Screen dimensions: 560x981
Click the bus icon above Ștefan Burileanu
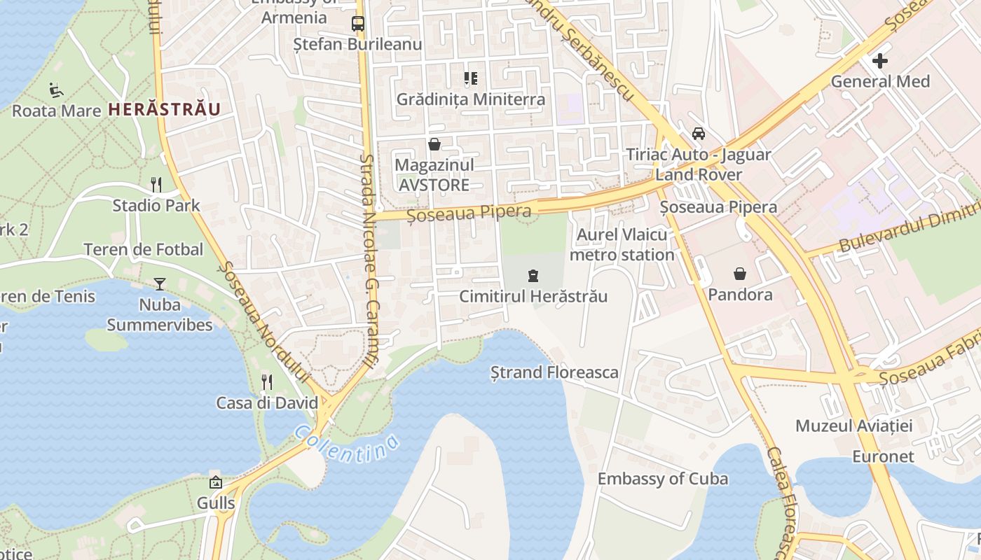(358, 23)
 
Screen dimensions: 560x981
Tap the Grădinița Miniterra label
(470, 99)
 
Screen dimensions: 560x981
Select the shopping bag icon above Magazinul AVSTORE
(434, 145)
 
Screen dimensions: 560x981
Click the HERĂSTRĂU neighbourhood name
(165, 109)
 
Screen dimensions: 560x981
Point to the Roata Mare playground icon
(56, 90)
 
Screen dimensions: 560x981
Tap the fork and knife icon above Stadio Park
(156, 185)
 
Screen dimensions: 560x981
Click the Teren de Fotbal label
(143, 249)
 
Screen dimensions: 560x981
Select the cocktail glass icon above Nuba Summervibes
(160, 283)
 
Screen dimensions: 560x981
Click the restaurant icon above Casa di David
(266, 381)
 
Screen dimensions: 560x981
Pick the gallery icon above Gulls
(215, 482)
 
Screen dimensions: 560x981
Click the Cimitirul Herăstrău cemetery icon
(533, 275)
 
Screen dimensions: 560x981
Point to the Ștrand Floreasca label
(554, 372)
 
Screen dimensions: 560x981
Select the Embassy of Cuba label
(662, 479)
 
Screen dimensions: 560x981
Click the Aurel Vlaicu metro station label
(622, 245)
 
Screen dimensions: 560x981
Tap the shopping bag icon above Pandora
(740, 273)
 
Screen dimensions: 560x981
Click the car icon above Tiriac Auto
(698, 133)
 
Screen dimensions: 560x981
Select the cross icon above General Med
(880, 61)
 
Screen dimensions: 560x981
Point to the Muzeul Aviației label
(853, 426)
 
